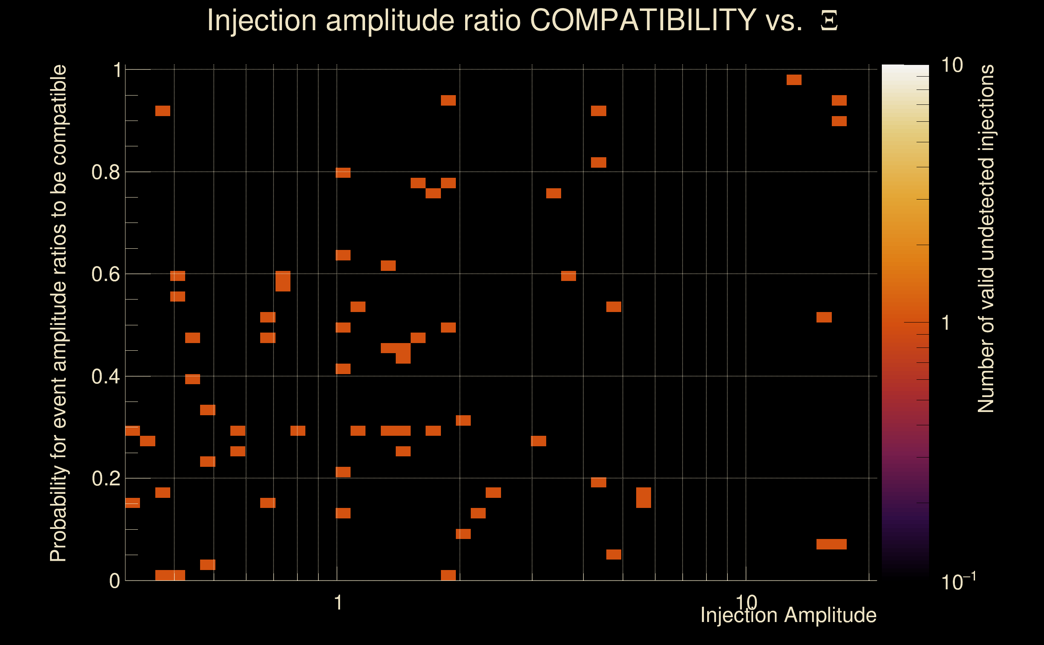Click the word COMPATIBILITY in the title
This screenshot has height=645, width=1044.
(643, 20)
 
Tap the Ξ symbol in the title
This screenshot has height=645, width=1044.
(829, 21)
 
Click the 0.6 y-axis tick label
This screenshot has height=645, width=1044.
(105, 274)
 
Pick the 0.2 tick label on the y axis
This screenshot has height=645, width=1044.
(105, 478)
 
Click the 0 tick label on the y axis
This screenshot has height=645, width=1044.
(115, 580)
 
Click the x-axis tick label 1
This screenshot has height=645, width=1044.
(338, 603)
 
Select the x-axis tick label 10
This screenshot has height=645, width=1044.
(746, 602)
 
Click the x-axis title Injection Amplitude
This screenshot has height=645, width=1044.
(788, 615)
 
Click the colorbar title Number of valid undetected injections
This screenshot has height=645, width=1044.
(986, 239)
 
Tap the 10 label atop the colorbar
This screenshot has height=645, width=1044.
(952, 65)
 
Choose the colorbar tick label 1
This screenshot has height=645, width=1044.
(946, 323)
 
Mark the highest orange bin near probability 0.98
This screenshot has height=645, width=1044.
(794, 80)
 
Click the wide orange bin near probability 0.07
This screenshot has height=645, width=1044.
(831, 544)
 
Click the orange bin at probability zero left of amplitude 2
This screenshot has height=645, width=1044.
(448, 575)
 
